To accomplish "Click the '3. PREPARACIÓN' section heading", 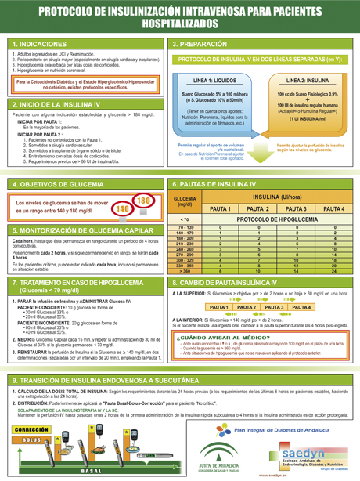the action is [x=200, y=44].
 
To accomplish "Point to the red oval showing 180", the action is [x=143, y=201].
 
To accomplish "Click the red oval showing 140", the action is [x=122, y=209].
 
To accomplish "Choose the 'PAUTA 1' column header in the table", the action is [x=220, y=209].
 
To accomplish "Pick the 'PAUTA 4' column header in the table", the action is [x=333, y=209].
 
